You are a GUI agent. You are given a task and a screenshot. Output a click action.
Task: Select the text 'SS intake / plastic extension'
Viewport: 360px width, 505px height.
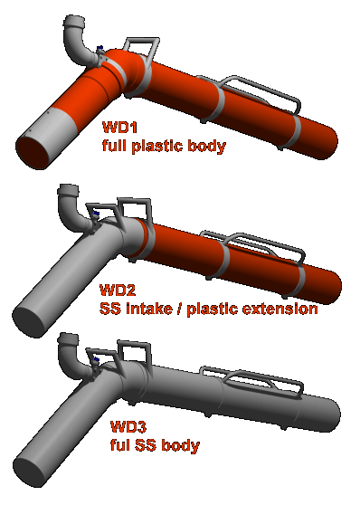(x=208, y=309)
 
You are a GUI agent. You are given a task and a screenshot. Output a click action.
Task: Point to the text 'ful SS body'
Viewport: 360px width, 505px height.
(x=154, y=445)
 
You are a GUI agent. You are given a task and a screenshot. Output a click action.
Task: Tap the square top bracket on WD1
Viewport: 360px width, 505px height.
(x=139, y=45)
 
